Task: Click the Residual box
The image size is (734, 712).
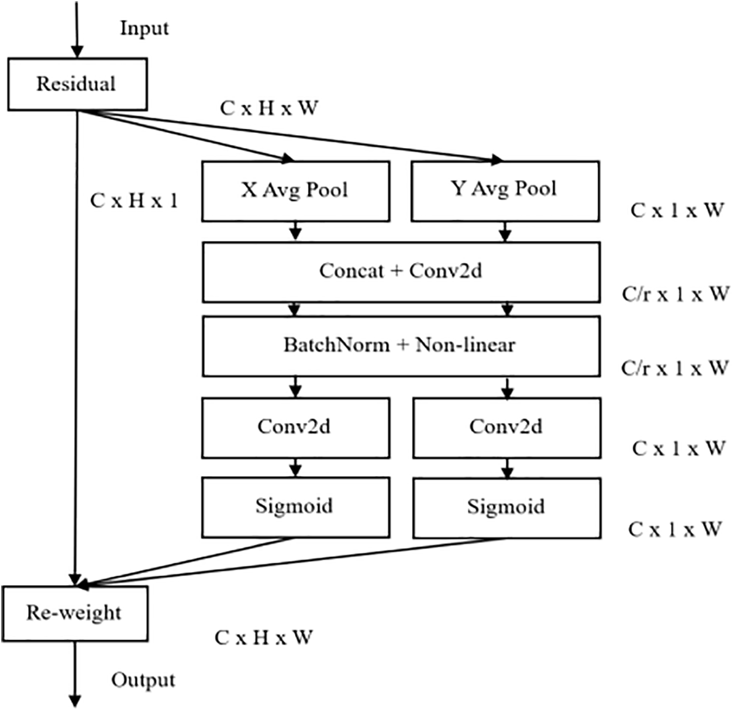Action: coord(78,84)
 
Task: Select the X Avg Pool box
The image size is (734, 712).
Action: coord(296,191)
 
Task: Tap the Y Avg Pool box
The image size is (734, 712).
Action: coord(505,191)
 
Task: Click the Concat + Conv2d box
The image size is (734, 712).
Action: coord(401,272)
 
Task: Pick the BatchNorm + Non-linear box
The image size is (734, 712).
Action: coord(401,346)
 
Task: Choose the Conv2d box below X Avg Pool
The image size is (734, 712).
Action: coord(296,428)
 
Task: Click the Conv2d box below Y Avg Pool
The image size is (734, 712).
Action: coord(507,428)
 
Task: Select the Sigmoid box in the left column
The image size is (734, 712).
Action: coord(296,507)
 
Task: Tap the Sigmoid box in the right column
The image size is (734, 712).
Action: coord(507,508)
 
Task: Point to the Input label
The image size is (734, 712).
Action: coord(144,29)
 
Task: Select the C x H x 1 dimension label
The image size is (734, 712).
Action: coord(134,200)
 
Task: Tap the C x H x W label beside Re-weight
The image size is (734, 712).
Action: coord(264,638)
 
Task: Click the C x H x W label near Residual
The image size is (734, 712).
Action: coord(269,108)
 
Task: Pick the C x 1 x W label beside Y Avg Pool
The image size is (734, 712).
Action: coord(677,210)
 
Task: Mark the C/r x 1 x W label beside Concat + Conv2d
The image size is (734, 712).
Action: coord(675,294)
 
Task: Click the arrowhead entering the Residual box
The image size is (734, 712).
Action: coord(77,51)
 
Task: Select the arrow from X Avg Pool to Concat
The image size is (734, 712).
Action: coord(296,231)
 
